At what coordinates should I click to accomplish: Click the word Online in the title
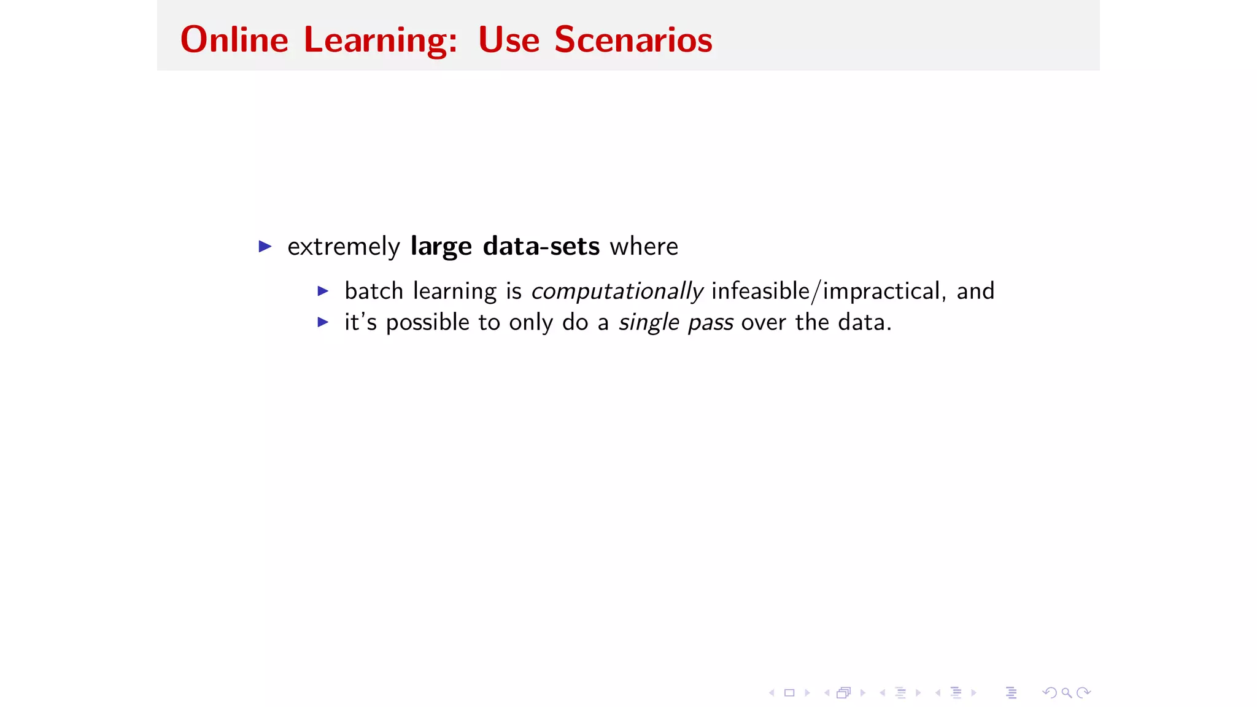(x=234, y=40)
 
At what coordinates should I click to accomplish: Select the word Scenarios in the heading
(x=633, y=40)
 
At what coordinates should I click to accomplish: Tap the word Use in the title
(x=508, y=40)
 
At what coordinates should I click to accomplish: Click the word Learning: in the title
(x=381, y=40)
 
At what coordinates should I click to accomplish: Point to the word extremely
(x=344, y=247)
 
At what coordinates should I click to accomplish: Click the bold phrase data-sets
(x=541, y=246)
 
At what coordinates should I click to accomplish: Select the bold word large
(x=441, y=247)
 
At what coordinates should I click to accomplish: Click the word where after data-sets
(x=644, y=246)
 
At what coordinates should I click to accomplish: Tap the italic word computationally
(x=616, y=291)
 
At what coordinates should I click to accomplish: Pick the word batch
(x=373, y=291)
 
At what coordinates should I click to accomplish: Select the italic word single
(x=648, y=322)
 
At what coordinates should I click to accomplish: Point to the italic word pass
(x=710, y=323)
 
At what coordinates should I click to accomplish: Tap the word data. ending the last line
(x=864, y=322)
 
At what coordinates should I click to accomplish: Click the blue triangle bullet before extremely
(x=265, y=247)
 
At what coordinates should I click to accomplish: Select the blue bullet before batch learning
(x=323, y=291)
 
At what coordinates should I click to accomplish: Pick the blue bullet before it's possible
(x=323, y=322)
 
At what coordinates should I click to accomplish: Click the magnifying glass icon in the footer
(x=1067, y=693)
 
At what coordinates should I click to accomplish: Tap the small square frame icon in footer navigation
(x=789, y=693)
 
